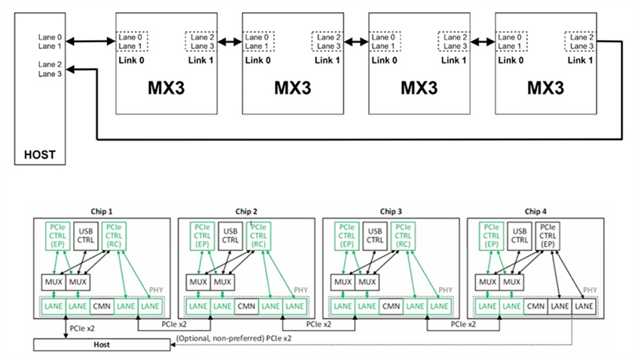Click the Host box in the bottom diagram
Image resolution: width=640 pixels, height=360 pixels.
102,345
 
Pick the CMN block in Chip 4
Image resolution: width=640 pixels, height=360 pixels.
536,307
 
